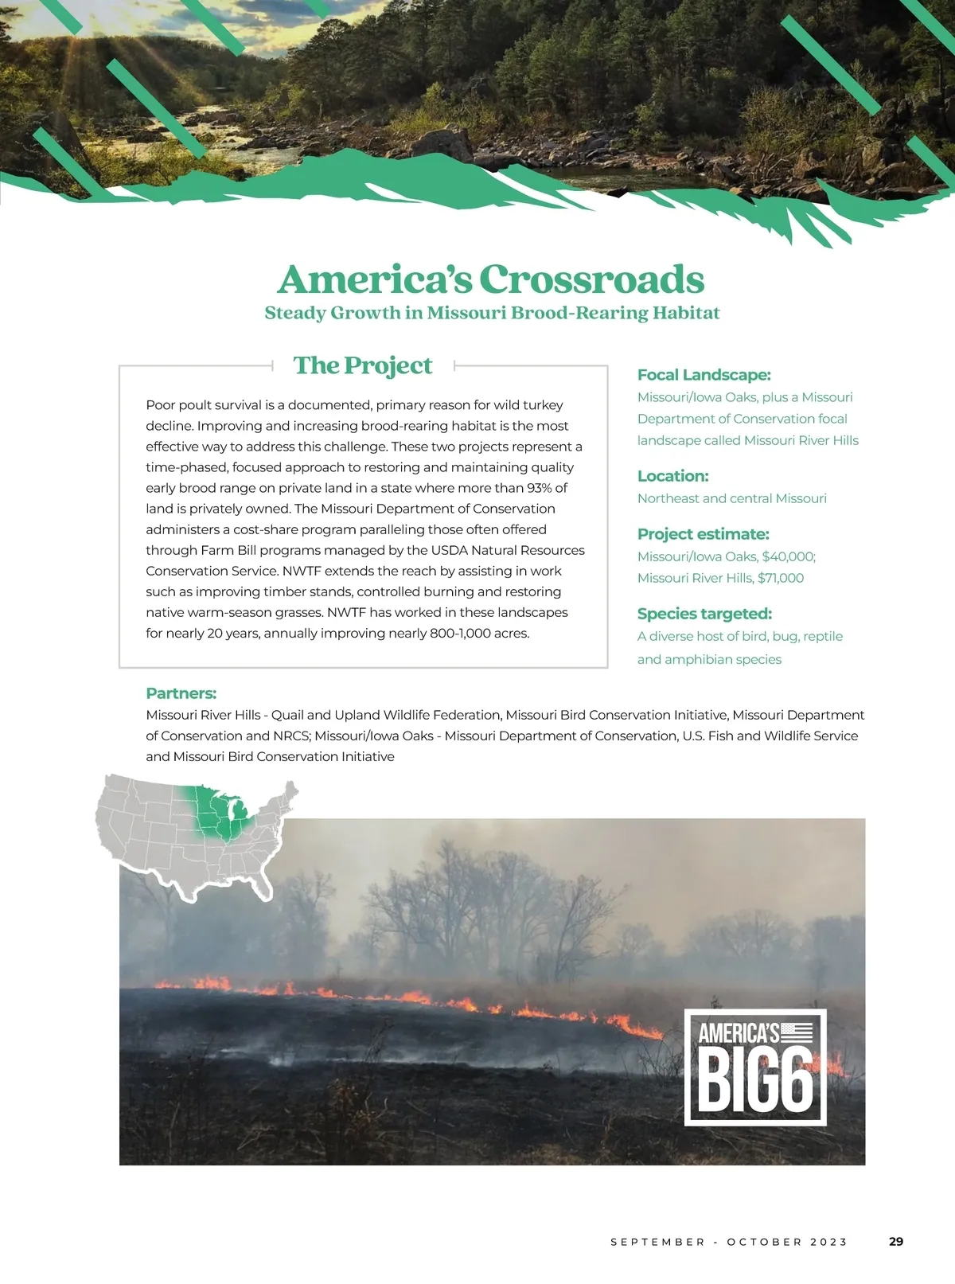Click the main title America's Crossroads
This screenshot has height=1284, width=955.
pos(491,279)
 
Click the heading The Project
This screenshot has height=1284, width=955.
pos(363,365)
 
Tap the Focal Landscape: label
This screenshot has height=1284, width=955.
pos(704,375)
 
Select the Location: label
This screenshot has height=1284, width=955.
pos(672,476)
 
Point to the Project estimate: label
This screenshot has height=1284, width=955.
pos(703,534)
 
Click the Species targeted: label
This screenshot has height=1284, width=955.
pos(704,614)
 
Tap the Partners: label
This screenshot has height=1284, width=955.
pos(181,693)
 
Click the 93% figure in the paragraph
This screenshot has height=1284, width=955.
pos(539,488)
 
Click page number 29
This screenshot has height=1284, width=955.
pos(896,1242)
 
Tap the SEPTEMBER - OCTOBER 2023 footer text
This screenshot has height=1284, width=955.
pos(729,1242)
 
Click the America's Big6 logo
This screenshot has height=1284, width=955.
pos(755,1067)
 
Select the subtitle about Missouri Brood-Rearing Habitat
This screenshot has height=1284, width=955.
pos(492,313)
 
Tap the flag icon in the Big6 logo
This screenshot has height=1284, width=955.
pos(797,1032)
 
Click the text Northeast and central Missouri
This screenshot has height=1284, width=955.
pos(731,498)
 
